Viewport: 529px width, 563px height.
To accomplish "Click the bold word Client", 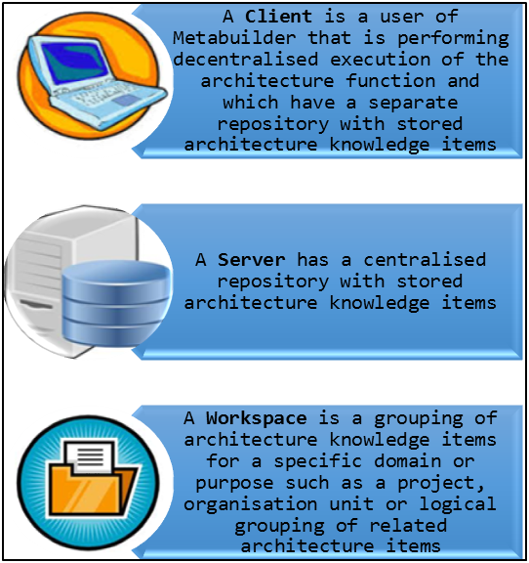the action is [x=278, y=17].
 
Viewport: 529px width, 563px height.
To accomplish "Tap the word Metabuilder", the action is [x=234, y=38].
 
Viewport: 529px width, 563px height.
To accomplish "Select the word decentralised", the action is [x=245, y=60].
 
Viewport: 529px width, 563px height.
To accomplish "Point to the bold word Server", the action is [x=252, y=260].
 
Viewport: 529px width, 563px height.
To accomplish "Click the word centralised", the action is [x=425, y=260].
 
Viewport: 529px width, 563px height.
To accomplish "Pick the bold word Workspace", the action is [x=256, y=418].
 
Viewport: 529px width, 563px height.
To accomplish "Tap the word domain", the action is [x=407, y=461].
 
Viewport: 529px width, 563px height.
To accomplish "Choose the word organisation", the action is [x=250, y=504].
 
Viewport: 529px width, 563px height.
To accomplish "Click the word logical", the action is [x=458, y=504].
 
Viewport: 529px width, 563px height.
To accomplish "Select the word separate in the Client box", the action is [x=413, y=103].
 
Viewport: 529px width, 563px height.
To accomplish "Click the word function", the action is [x=390, y=81].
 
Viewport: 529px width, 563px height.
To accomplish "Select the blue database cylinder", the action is [x=115, y=303].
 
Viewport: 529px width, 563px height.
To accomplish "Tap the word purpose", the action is [x=234, y=483].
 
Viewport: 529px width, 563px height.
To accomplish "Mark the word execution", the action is [x=380, y=60].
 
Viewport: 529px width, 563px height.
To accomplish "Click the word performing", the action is [x=453, y=39].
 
